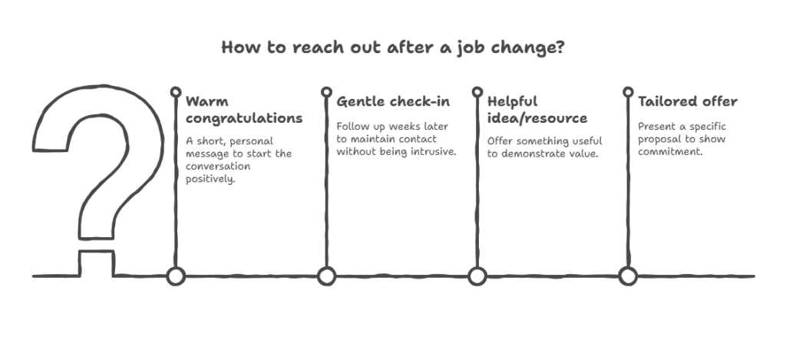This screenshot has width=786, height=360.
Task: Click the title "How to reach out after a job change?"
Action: coord(393,48)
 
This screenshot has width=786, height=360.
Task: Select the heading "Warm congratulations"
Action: coord(244,110)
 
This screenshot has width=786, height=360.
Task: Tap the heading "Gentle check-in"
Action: coord(393,102)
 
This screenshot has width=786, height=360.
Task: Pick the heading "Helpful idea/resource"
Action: coord(537,110)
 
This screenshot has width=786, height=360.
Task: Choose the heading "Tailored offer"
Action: coord(687,102)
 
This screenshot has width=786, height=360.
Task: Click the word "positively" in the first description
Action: coord(210,179)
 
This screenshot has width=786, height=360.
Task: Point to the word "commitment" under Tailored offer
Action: coord(669,151)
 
